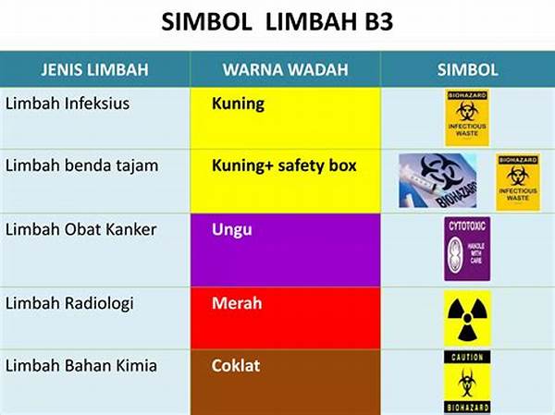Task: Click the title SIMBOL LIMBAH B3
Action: click(277, 22)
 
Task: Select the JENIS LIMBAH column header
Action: click(94, 69)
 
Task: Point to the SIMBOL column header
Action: click(467, 69)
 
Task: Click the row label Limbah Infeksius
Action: click(67, 104)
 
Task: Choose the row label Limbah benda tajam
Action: click(81, 165)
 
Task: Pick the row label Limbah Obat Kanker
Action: click(80, 228)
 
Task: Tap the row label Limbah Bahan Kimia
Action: click(81, 366)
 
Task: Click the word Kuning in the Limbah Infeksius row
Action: click(238, 104)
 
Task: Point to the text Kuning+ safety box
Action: click(284, 166)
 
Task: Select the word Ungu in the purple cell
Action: click(231, 228)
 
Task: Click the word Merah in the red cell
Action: click(237, 303)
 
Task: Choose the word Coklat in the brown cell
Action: click(235, 366)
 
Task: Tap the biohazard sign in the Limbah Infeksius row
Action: click(466, 117)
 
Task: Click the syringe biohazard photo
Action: click(438, 180)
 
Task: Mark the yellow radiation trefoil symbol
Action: click(467, 317)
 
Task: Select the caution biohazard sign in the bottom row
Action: click(466, 381)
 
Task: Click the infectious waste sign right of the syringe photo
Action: click(517, 180)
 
